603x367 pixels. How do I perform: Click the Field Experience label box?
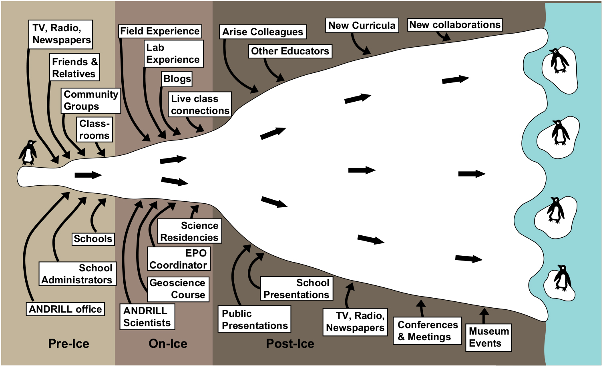(x=160, y=31)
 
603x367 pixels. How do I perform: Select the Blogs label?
(x=177, y=79)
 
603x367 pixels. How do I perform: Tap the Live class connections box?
(x=200, y=104)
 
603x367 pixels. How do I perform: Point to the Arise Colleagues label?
(x=263, y=32)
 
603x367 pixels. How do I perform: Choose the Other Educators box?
(x=290, y=51)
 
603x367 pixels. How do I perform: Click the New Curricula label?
(x=362, y=26)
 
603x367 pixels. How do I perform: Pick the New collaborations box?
(x=455, y=25)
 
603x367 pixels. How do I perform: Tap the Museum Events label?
(x=488, y=337)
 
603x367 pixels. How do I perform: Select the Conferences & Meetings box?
(x=428, y=331)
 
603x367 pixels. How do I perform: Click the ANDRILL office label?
(x=65, y=309)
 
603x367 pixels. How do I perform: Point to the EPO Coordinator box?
(x=179, y=259)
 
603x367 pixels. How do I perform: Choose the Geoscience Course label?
(x=178, y=289)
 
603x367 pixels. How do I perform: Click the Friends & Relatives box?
(x=74, y=68)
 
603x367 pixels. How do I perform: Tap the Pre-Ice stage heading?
(x=68, y=344)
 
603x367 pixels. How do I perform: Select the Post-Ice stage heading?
(x=290, y=344)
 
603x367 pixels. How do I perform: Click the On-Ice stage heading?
(x=168, y=344)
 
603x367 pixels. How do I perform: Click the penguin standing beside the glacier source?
(x=28, y=152)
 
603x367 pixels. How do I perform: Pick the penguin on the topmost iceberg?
(x=559, y=61)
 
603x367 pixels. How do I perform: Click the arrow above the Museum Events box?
(x=484, y=315)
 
